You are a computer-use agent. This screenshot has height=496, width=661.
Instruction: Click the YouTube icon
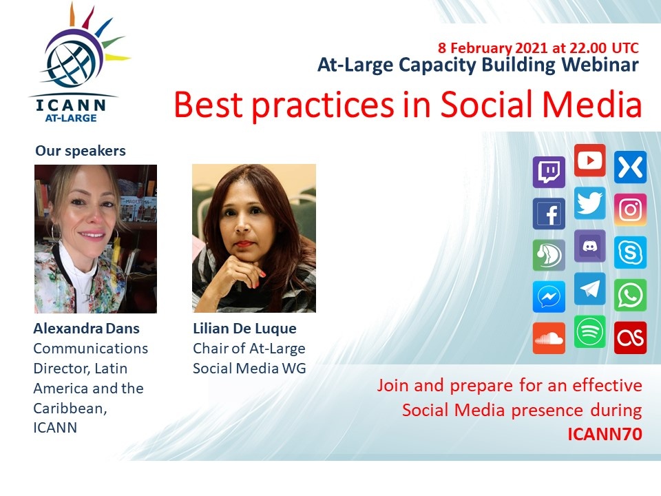590,161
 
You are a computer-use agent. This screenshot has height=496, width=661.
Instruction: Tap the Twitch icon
549,172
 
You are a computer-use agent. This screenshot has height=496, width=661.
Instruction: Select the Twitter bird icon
590,203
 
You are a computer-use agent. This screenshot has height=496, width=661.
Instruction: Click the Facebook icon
549,214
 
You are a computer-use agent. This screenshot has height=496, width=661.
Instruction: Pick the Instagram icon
630,209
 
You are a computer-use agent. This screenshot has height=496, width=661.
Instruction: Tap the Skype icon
630,253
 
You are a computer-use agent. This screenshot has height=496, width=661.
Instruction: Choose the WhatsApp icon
630,295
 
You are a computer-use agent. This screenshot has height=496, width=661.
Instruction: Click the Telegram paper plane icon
590,289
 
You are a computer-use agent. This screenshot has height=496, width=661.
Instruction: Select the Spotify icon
590,332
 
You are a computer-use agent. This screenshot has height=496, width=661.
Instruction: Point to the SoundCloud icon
549,338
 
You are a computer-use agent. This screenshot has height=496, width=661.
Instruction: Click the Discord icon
590,247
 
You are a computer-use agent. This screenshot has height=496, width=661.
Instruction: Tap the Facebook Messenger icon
549,297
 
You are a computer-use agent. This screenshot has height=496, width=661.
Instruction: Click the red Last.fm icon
630,338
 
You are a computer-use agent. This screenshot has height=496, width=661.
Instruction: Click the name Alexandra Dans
87,329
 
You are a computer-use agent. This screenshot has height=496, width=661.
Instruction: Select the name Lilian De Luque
244,329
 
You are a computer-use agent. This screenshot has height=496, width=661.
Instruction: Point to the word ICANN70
605,434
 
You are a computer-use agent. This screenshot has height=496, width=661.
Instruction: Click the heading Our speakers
81,151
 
